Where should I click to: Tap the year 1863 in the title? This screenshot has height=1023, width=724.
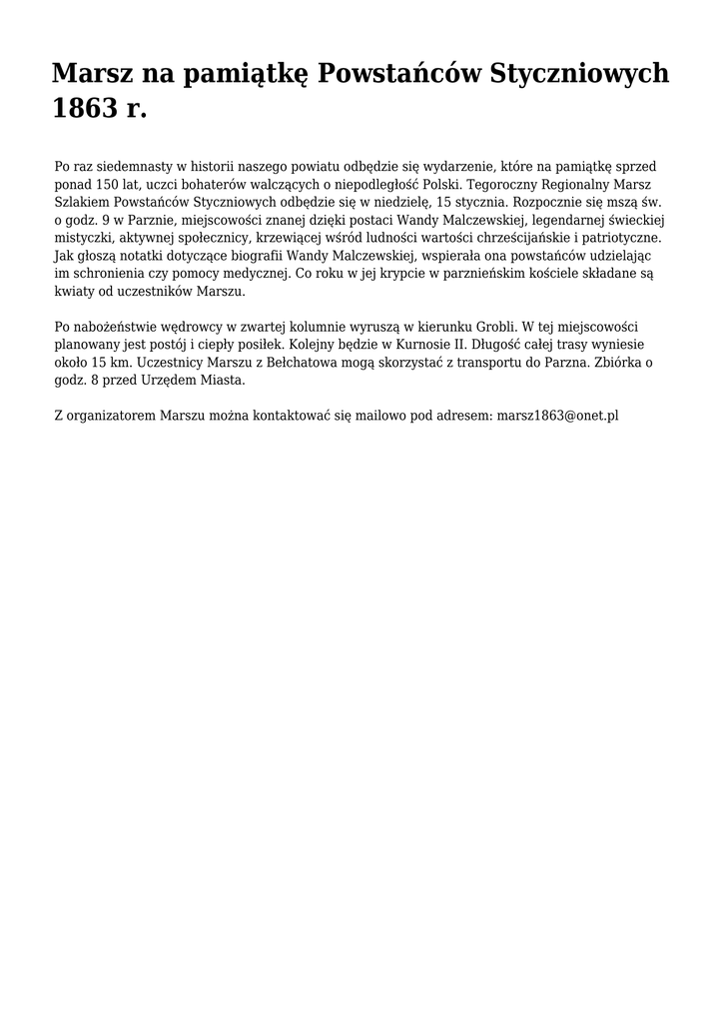point(85,109)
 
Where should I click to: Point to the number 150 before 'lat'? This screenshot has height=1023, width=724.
point(108,184)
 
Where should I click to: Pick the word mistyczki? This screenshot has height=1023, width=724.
point(82,238)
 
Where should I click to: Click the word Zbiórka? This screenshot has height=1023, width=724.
point(614,363)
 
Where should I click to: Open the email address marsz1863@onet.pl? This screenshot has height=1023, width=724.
point(557,415)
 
